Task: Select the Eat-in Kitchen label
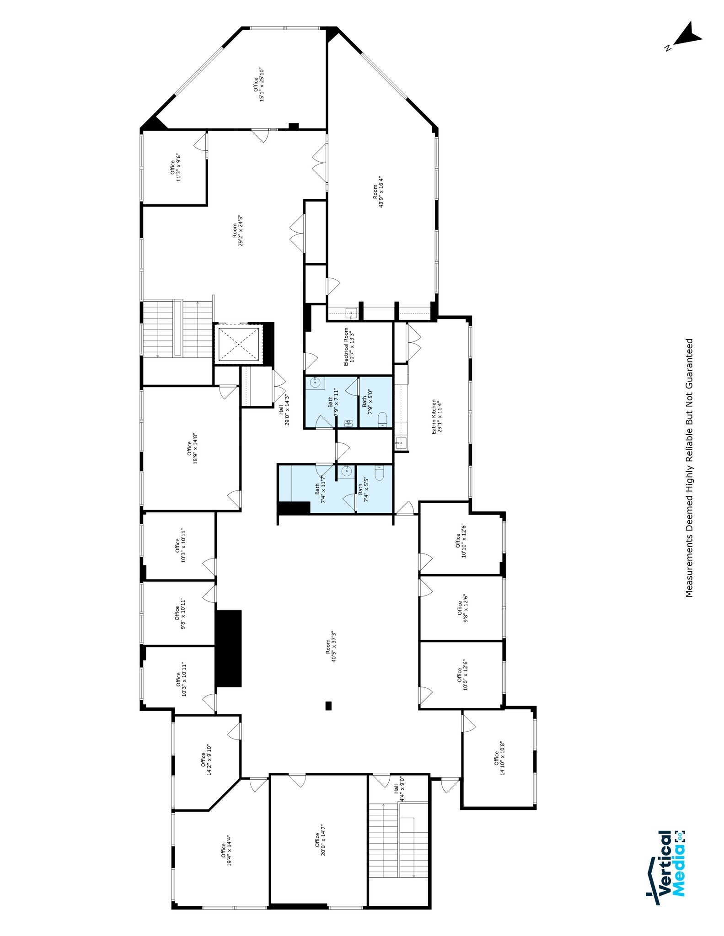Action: [437, 417]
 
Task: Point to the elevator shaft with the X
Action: [238, 344]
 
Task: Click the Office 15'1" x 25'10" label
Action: [259, 85]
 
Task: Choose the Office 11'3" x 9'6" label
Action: [176, 167]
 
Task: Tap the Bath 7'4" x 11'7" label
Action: [320, 489]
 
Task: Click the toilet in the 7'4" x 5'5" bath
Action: [379, 473]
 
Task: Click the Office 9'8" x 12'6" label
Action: [462, 608]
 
